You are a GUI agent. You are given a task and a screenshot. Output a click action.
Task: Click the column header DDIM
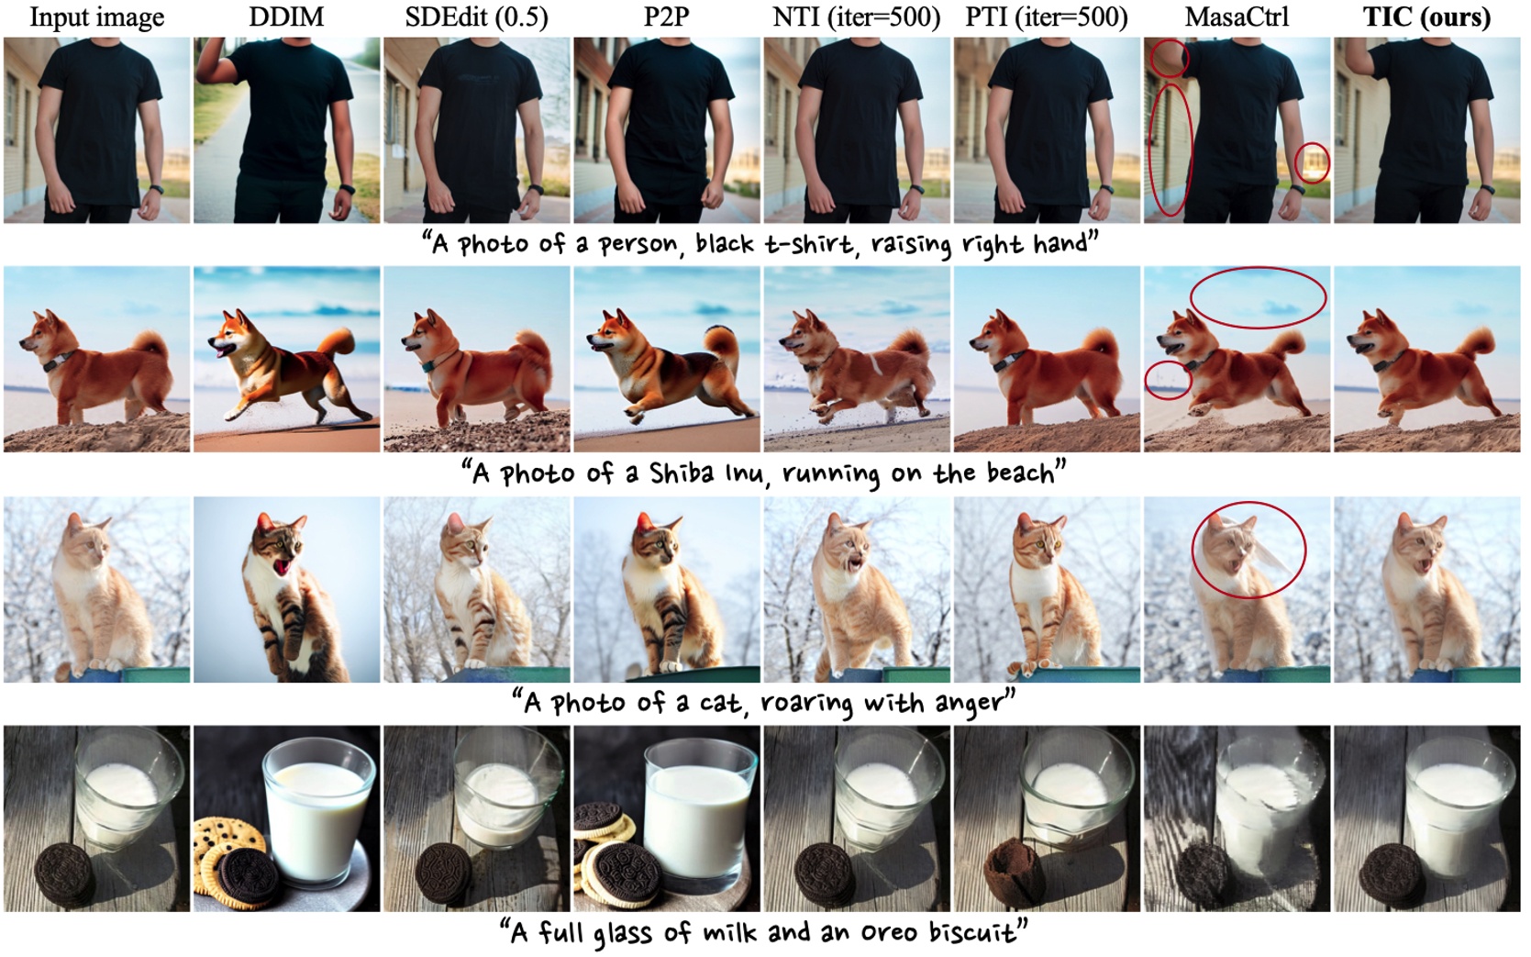tap(286, 17)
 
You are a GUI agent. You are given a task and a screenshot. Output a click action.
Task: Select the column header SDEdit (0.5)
tap(476, 17)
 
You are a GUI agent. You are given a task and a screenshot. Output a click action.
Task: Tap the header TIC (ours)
tap(1426, 17)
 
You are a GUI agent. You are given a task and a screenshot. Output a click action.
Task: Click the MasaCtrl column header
tap(1236, 17)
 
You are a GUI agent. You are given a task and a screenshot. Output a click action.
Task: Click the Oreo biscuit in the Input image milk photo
tap(64, 871)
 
